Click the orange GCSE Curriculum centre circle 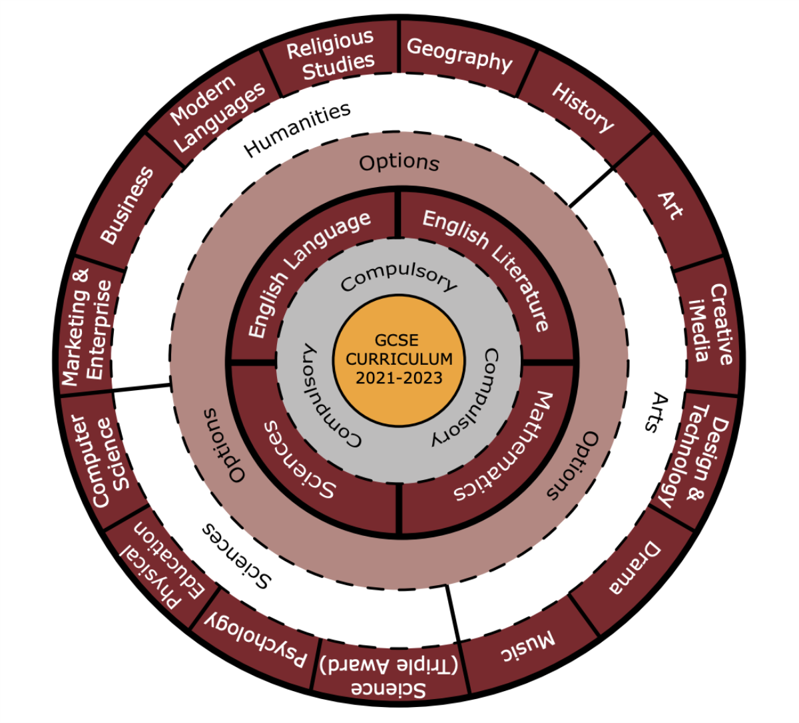(399, 360)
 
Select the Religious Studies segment (331, 55)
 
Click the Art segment (670, 206)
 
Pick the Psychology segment (256, 638)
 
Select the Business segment (127, 206)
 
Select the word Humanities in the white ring (297, 130)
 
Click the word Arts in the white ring (655, 413)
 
